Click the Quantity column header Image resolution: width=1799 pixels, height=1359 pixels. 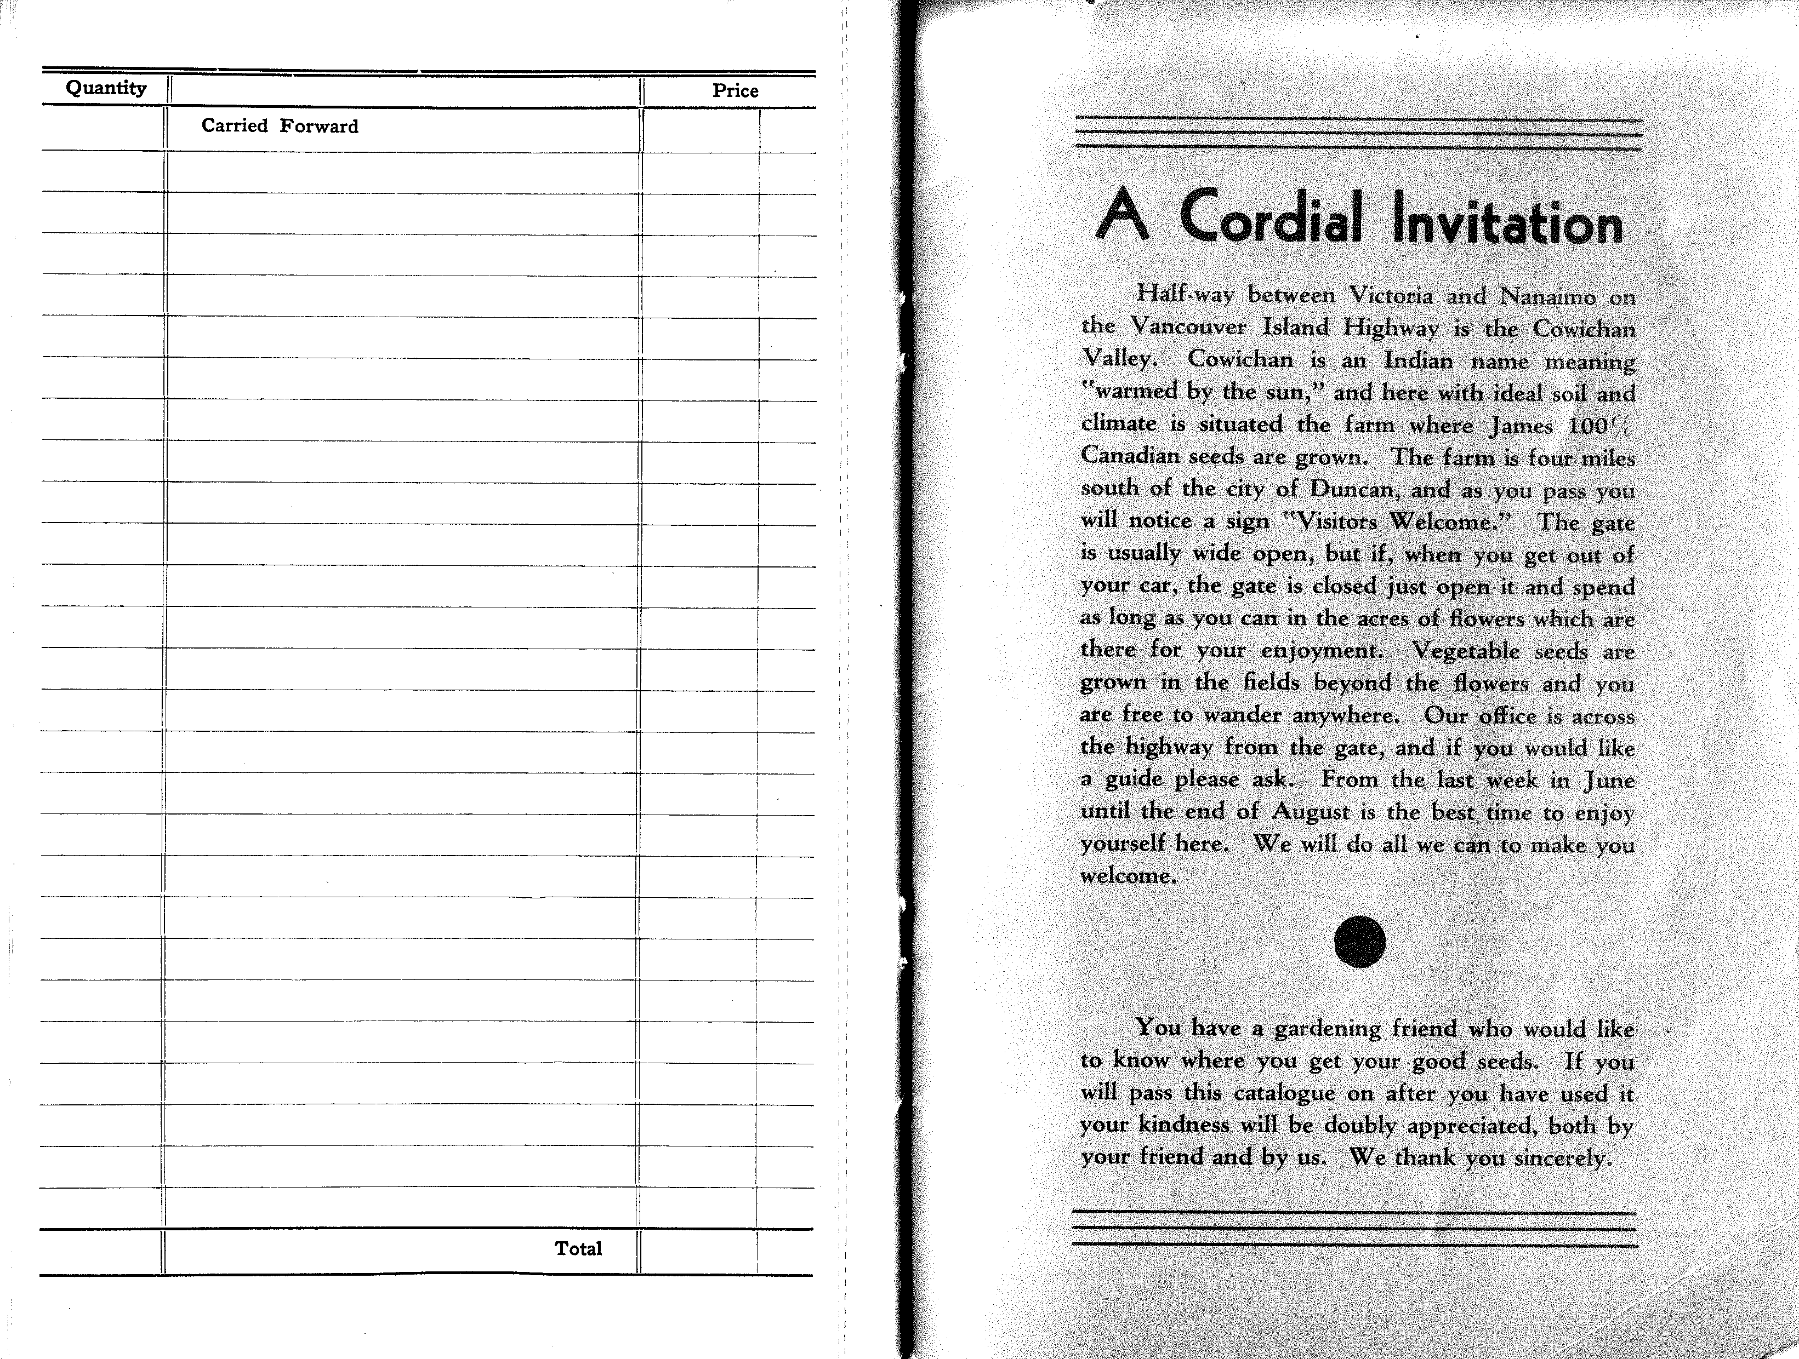coord(106,89)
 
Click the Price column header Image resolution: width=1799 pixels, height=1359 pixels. coord(735,91)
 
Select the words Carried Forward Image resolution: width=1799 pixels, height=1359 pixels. coord(280,126)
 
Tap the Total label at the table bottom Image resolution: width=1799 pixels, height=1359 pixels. coord(578,1248)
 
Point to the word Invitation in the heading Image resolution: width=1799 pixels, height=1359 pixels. coord(1507,223)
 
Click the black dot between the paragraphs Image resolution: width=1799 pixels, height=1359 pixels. coord(1360,942)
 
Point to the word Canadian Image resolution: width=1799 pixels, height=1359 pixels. coord(1130,456)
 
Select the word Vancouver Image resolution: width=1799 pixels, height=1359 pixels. coord(1189,328)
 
